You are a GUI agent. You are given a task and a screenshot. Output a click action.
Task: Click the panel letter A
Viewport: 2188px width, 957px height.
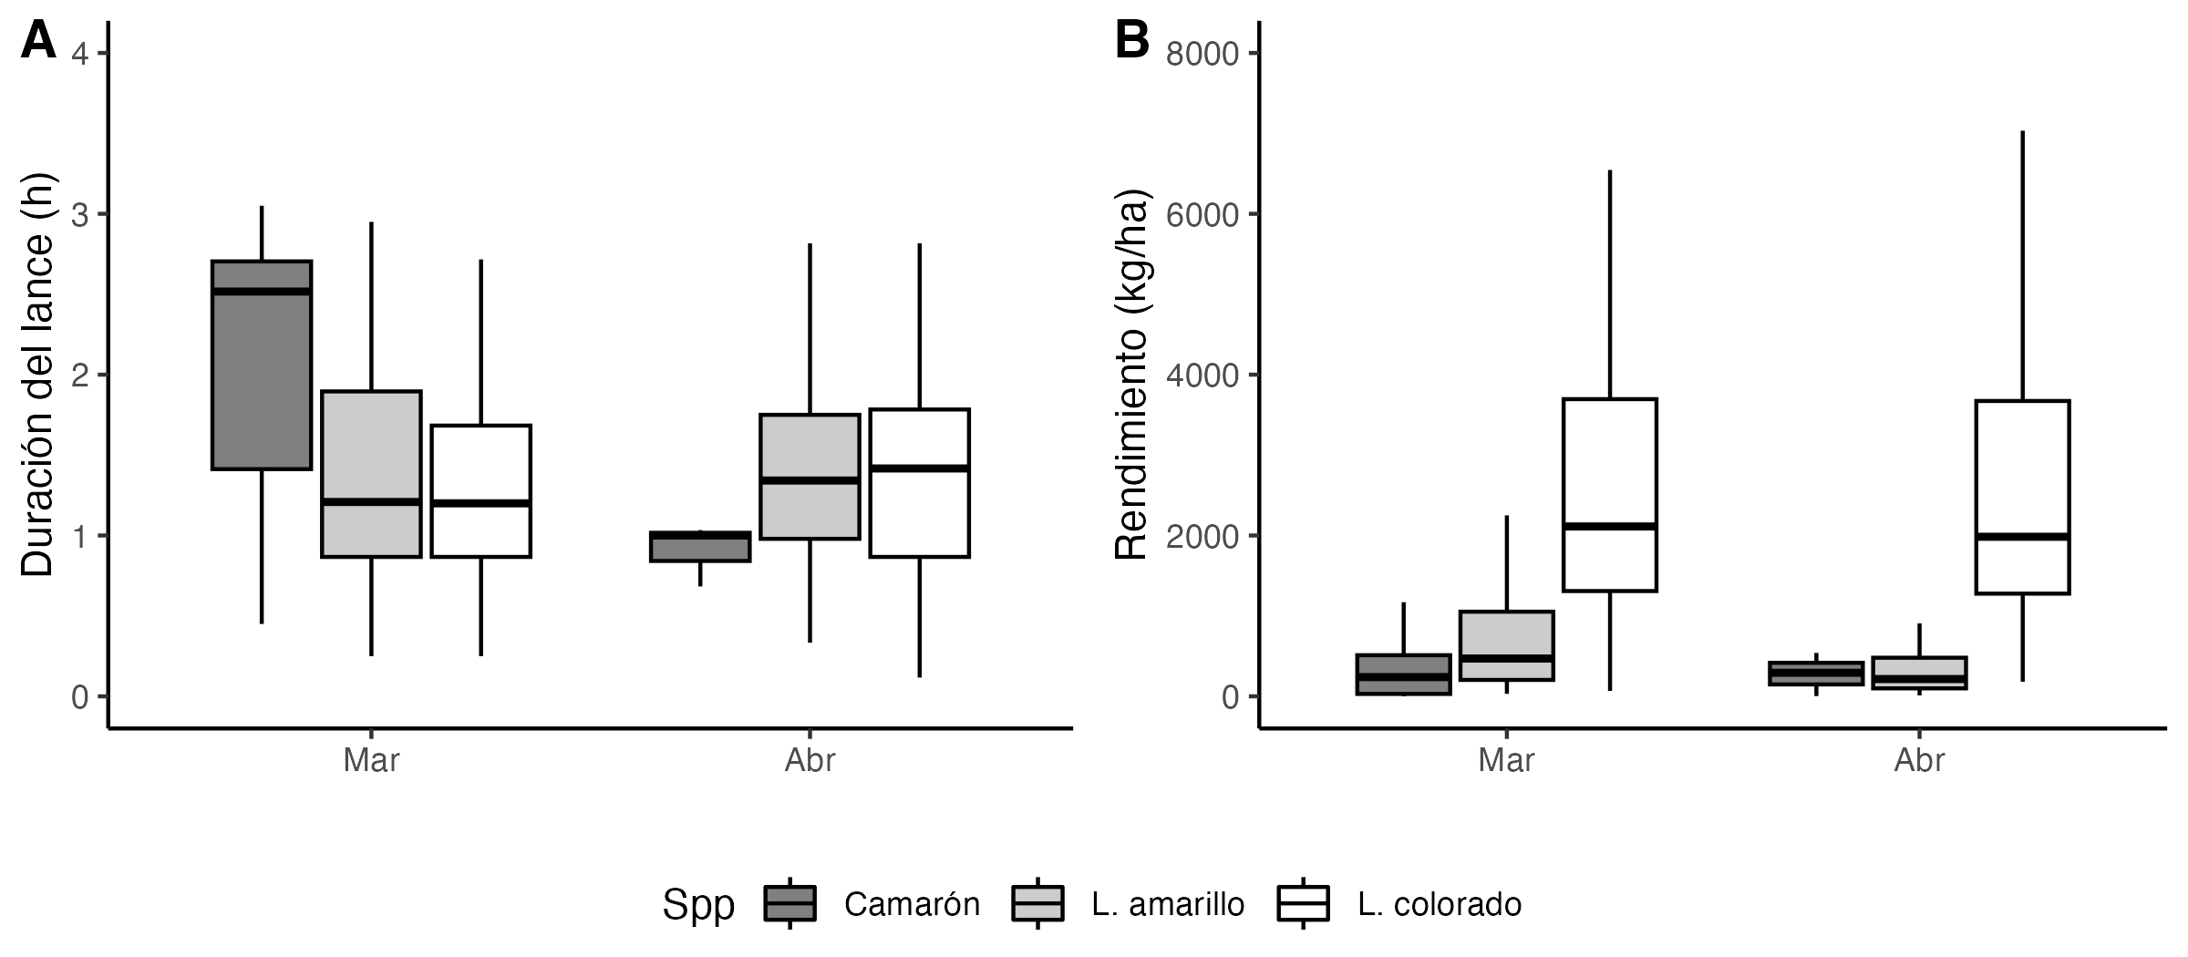point(38,42)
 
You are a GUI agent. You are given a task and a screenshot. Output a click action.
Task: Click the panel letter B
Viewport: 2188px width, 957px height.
point(1132,42)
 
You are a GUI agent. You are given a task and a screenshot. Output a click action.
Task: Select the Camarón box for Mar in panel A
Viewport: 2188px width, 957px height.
point(262,365)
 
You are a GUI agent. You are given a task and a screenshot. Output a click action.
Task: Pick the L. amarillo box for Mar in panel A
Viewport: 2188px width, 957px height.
point(371,474)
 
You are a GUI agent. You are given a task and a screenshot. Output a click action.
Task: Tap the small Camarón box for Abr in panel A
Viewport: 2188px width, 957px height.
point(700,547)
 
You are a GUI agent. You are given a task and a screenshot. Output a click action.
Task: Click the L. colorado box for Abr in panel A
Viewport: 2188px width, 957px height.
point(919,483)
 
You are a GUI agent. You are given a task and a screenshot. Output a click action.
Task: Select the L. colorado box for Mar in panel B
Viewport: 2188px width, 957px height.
point(1610,495)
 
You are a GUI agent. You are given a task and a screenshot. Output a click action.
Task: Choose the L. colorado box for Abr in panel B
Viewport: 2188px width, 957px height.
point(2023,497)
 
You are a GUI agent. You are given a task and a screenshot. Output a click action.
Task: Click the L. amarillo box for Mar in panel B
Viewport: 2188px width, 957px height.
point(1507,645)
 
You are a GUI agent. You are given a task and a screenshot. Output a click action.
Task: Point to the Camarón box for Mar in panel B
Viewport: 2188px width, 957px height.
point(1404,674)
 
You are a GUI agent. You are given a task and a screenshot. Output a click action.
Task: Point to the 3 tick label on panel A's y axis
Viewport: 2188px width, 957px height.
point(79,215)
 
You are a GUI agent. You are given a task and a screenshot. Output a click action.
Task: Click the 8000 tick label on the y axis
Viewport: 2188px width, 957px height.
point(1203,55)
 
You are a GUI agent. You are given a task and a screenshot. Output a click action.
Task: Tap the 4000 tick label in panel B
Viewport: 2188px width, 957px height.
point(1203,376)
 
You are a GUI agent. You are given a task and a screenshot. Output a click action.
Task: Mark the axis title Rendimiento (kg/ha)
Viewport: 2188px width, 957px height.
point(1131,375)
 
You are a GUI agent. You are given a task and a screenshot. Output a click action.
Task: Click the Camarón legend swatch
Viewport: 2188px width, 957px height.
point(790,904)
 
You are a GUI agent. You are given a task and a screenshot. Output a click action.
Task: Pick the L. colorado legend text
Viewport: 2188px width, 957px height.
point(1440,904)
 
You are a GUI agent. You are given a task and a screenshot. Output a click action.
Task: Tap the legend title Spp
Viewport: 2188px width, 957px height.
point(698,904)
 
